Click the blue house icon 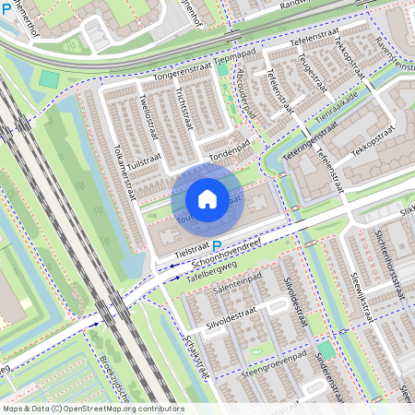pos(207,199)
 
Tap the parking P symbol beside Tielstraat pos(218,246)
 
